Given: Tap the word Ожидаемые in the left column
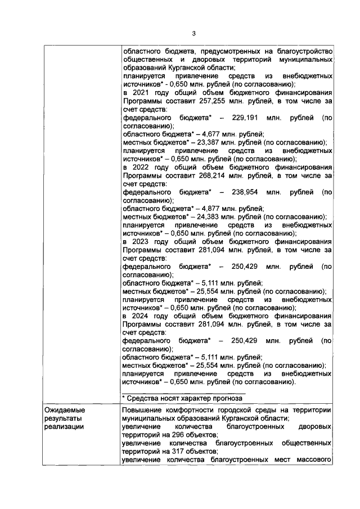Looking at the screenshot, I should tap(64, 411).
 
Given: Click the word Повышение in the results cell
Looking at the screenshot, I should tap(143, 411).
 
